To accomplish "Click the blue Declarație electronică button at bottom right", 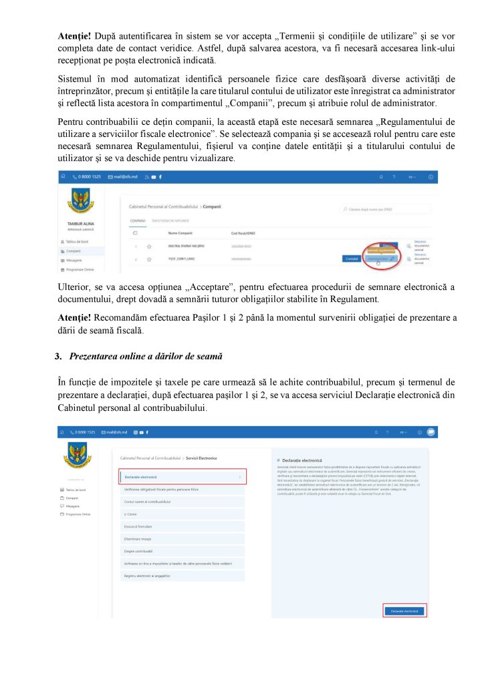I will pos(404,611).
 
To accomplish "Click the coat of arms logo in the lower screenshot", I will pos(83,454).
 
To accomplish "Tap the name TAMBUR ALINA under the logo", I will pos(84,223).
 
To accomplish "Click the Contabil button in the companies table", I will pos(350,259).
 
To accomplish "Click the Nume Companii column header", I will pos(182,233).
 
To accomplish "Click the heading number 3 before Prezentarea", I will pos(58,355).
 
